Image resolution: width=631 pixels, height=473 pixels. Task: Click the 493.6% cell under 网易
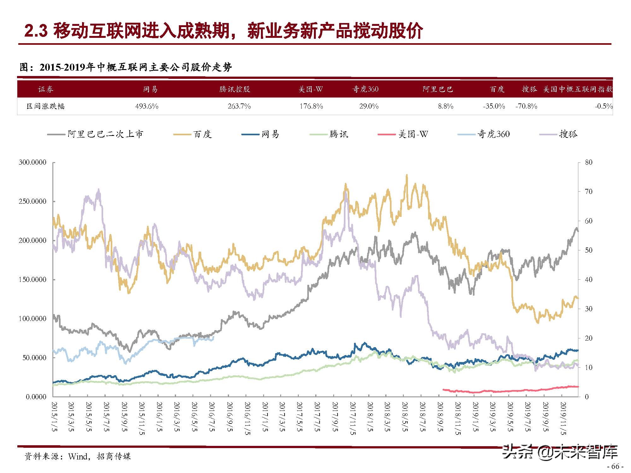147,106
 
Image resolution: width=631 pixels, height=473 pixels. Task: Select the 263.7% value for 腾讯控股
239,106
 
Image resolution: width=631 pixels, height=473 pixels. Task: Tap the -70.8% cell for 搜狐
526,106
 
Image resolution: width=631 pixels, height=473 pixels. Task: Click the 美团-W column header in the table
311,89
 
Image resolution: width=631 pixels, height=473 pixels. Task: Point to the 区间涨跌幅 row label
46,106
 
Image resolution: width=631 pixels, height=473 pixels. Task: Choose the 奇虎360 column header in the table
365,89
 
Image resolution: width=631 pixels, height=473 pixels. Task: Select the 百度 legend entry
202,134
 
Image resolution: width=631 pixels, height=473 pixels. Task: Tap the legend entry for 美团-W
413,134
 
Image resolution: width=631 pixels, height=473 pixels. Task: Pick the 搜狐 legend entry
568,134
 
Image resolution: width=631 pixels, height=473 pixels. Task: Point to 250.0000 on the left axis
32,201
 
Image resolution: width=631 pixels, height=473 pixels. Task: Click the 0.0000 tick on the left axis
36,397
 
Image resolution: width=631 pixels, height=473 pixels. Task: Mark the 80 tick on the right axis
589,162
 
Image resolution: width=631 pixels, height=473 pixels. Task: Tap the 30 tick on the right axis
589,309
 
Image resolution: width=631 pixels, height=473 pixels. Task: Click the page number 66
615,466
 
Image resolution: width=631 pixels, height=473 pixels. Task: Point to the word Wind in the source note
78,456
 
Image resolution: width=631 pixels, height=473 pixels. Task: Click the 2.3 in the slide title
36,32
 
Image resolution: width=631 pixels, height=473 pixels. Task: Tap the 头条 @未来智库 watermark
560,452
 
